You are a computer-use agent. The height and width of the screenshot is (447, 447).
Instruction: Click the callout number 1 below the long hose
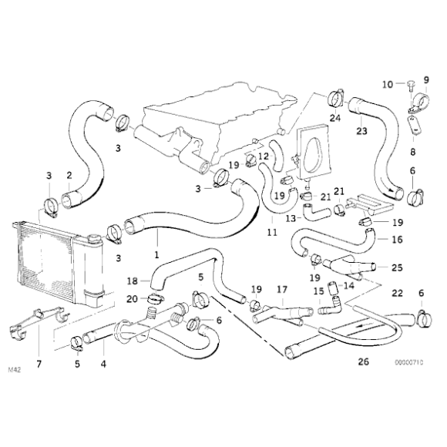click(156, 254)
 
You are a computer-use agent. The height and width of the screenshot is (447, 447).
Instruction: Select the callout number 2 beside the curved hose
click(69, 174)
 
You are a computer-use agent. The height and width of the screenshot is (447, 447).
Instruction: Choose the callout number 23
click(361, 131)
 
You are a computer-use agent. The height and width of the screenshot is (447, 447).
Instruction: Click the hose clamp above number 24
click(335, 97)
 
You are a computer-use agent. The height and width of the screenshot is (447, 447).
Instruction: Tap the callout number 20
click(132, 299)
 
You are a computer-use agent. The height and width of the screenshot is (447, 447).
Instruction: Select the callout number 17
click(282, 291)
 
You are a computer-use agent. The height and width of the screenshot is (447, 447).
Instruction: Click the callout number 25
click(397, 267)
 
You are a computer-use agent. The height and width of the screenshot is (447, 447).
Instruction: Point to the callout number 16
click(397, 239)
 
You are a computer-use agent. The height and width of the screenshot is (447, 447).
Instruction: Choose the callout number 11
click(271, 231)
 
